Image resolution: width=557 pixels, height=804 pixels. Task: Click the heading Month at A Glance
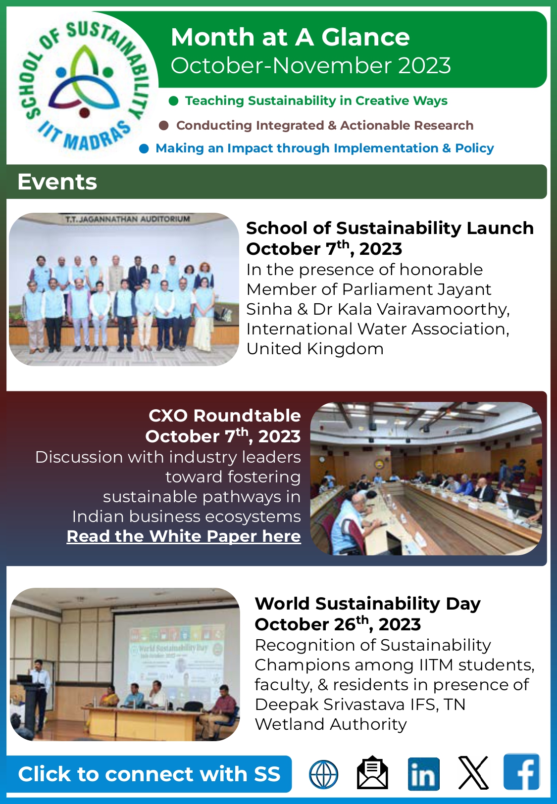290,38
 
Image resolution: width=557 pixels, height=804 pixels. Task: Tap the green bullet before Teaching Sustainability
173,101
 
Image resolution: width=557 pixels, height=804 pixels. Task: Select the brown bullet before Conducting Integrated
164,126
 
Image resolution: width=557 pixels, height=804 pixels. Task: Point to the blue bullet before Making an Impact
144,148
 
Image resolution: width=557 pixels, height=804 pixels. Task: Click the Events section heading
57,182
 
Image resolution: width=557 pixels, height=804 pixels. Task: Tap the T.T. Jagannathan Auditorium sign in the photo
127,219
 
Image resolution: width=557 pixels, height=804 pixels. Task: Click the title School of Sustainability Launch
390,228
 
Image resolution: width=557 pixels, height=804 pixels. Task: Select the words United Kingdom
315,349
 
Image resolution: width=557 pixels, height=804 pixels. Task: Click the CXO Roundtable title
225,416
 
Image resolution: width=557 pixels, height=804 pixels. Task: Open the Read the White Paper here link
184,536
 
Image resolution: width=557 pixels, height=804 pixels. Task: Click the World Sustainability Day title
367,604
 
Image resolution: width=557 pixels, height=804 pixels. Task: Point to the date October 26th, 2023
338,624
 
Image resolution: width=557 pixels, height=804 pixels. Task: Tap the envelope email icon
372,773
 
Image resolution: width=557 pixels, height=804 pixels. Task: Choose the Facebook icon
521,773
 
